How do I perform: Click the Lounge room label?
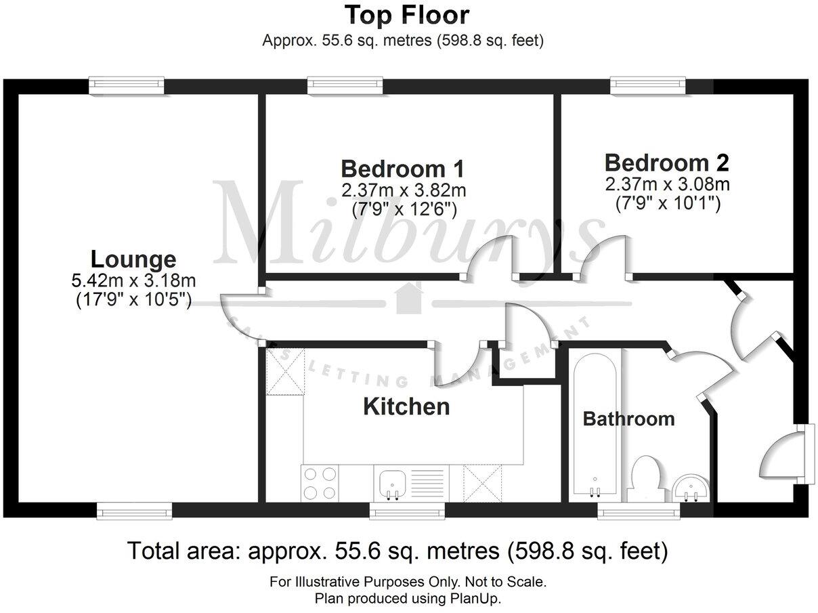pos(133,259)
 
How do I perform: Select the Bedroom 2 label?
pos(666,163)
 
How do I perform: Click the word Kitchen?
pos(406,406)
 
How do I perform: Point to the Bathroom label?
pos(628,419)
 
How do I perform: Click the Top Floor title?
pos(407,14)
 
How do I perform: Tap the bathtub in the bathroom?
pos(595,427)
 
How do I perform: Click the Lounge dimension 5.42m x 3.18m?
pos(133,279)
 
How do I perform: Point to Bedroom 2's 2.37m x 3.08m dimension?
pos(667,184)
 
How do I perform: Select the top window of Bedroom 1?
pos(345,85)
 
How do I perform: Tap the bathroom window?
pos(639,513)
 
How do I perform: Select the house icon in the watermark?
pos(408,298)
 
